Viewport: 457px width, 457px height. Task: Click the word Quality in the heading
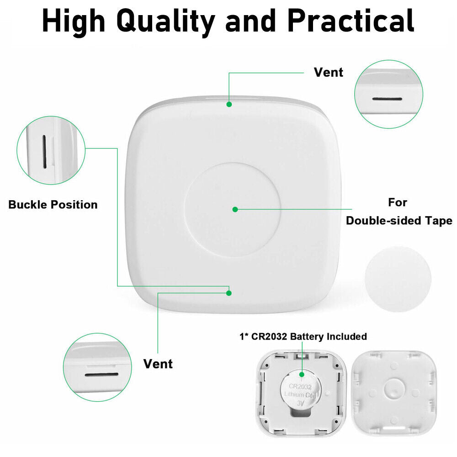pyautogui.click(x=165, y=21)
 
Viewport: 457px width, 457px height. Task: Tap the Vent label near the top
pyautogui.click(x=329, y=72)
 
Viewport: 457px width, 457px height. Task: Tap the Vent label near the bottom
pyautogui.click(x=158, y=364)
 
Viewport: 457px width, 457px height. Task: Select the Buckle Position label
pyautogui.click(x=53, y=205)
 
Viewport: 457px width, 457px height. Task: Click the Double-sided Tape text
pyautogui.click(x=399, y=221)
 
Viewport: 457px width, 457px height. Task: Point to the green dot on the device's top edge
pyautogui.click(x=229, y=104)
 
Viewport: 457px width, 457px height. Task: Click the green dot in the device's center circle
pyautogui.click(x=235, y=209)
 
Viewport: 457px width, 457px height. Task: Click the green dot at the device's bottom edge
pyautogui.click(x=229, y=293)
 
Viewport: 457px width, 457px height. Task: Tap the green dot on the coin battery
pyautogui.click(x=302, y=374)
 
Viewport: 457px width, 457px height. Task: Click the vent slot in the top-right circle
pyautogui.click(x=387, y=99)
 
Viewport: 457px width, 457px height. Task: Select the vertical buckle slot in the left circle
pyautogui.click(x=44, y=152)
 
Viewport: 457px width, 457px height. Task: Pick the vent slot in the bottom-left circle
pyautogui.click(x=102, y=375)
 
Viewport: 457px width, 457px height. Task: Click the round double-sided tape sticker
pyautogui.click(x=398, y=279)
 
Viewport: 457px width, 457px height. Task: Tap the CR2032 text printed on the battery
pyautogui.click(x=300, y=387)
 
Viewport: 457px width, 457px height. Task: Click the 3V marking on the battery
pyautogui.click(x=301, y=404)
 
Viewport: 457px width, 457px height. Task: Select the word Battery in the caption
pyautogui.click(x=307, y=337)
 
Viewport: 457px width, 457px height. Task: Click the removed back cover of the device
pyautogui.click(x=394, y=393)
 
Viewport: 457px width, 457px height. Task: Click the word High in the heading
pyautogui.click(x=74, y=21)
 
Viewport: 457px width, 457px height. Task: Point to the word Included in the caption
pyautogui.click(x=346, y=336)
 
